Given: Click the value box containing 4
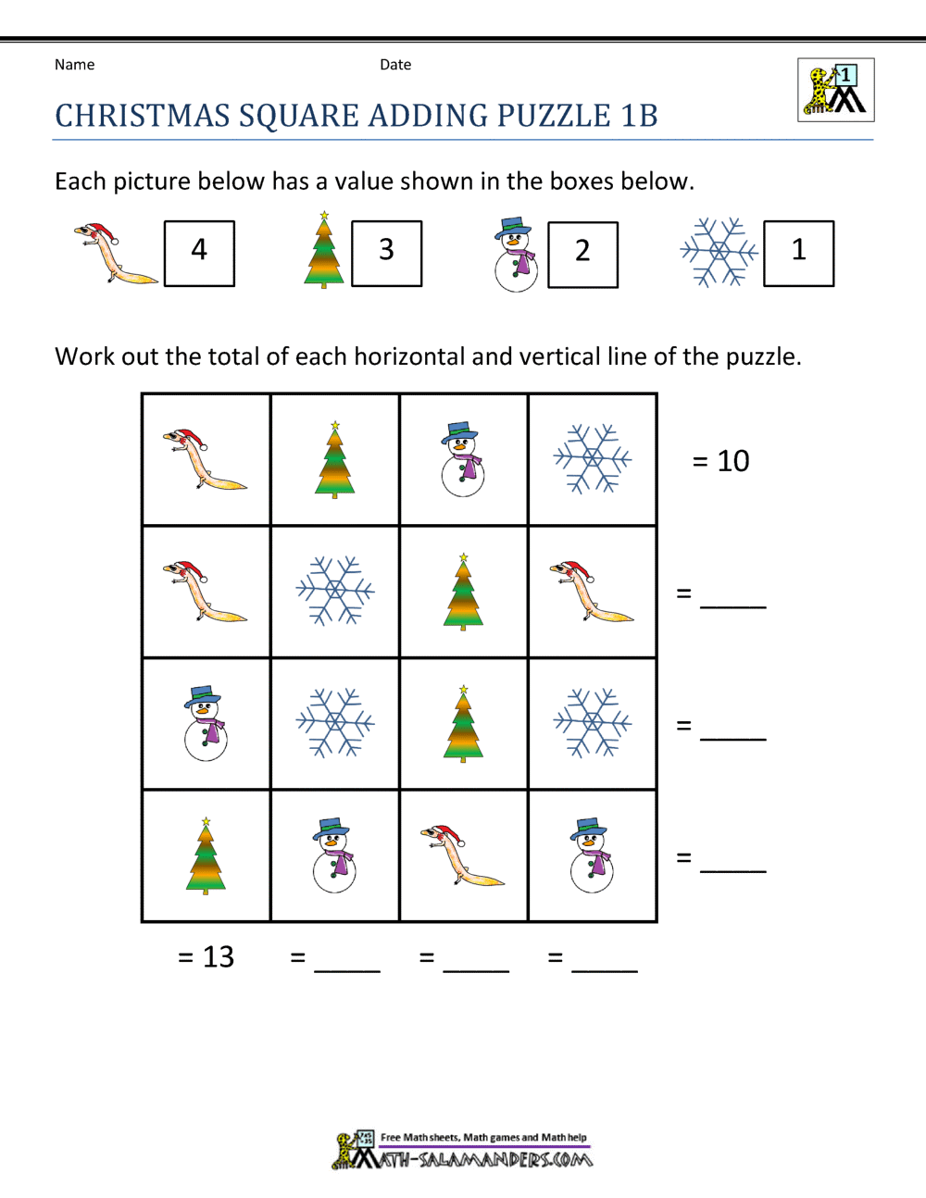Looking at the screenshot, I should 199,253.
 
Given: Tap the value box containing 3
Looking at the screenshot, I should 387,253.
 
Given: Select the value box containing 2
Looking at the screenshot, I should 582,254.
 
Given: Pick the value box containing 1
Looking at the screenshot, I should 798,253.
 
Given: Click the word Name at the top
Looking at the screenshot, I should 74,65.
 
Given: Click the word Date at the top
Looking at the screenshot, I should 395,65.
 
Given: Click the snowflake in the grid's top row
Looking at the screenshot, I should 593,459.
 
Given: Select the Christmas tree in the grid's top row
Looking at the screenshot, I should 335,459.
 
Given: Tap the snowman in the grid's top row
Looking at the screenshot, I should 463,459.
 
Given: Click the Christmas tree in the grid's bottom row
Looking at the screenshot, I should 206,855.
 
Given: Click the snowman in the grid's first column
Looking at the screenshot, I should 206,723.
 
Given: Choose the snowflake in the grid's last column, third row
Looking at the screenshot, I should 593,723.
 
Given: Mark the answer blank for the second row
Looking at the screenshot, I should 732,596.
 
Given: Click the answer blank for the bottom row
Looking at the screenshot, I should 732,861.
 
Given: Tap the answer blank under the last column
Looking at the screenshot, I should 605,960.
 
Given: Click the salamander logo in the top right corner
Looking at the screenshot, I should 835,91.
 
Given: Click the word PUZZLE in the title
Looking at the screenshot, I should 553,116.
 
